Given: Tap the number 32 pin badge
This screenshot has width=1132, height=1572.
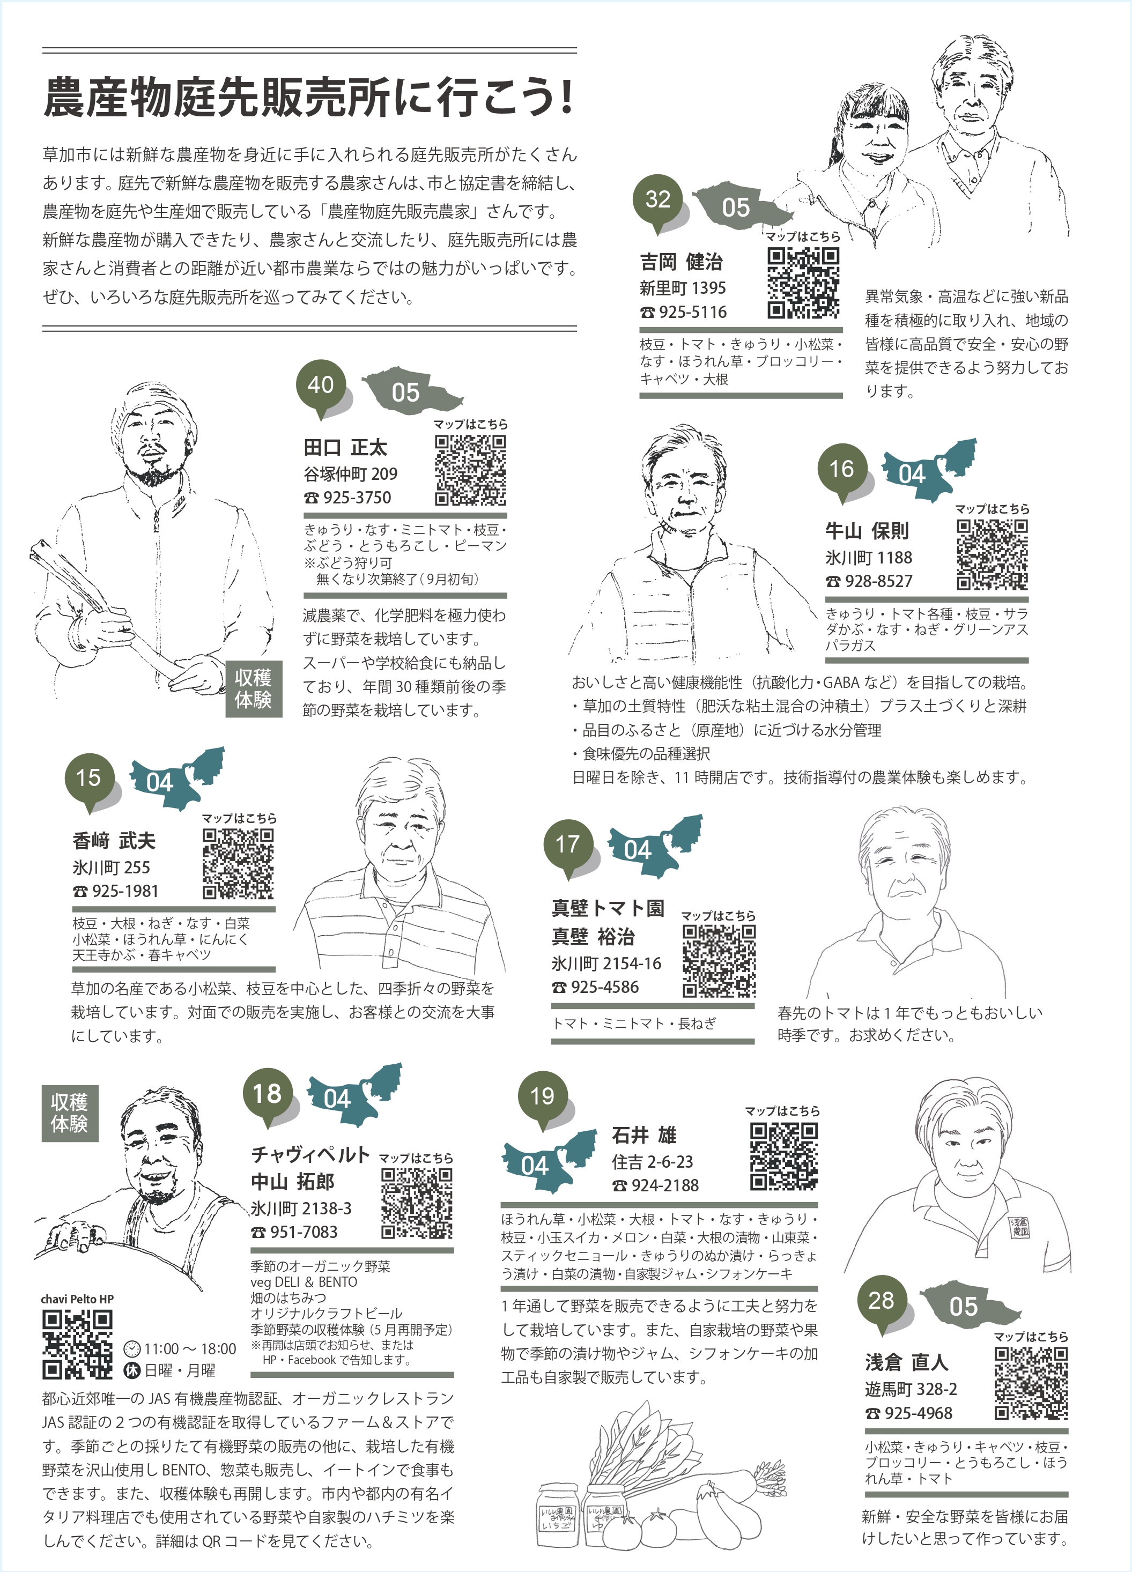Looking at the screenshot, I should tap(658, 199).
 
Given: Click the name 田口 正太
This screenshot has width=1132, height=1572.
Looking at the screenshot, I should tap(345, 447).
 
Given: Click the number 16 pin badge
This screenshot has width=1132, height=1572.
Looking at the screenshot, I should tap(841, 469).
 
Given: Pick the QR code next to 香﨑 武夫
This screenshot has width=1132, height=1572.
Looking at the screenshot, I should tap(238, 864).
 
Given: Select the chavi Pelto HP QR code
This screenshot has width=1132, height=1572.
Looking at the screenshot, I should tap(77, 1345).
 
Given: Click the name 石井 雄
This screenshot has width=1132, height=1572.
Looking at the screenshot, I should tap(644, 1136).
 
